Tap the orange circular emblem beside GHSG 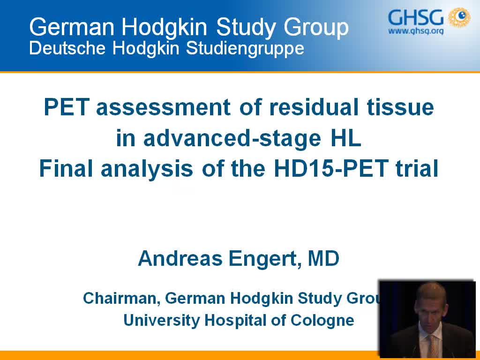tap(459, 18)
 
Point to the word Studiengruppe tap(245, 49)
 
